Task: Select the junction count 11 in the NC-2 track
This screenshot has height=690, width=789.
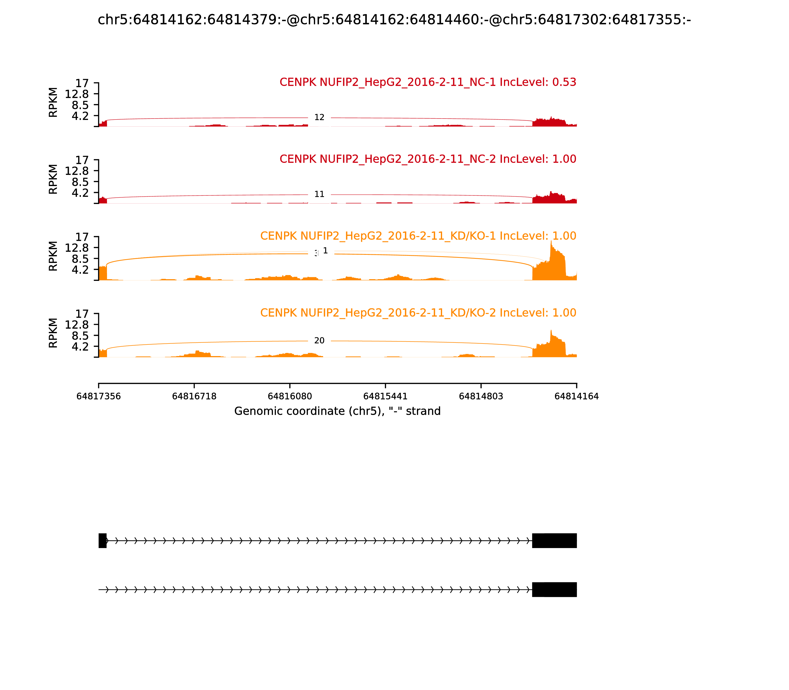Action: click(319, 194)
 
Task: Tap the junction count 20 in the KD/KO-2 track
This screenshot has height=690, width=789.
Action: click(319, 340)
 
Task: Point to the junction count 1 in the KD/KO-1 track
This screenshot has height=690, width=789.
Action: click(325, 251)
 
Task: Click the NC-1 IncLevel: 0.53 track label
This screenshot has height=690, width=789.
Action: click(428, 82)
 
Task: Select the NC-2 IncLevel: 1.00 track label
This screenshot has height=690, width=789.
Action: click(428, 159)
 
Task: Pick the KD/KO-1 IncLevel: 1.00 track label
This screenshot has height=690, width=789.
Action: click(418, 236)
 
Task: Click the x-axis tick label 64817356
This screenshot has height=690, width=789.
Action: click(99, 396)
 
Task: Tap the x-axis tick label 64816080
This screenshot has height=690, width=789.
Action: click(290, 396)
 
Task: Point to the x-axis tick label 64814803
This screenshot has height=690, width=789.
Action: click(481, 396)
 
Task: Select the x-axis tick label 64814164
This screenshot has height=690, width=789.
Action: click(576, 396)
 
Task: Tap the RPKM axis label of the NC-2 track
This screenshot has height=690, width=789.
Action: click(53, 179)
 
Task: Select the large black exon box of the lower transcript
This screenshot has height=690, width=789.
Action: click(554, 589)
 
